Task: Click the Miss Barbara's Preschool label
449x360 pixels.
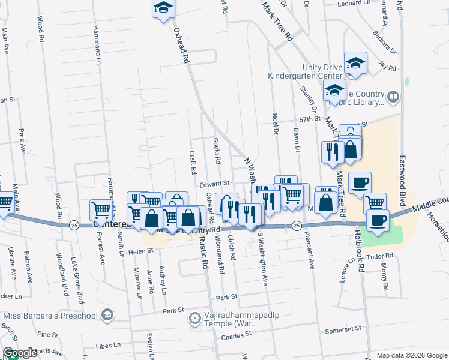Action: pyautogui.click(x=50, y=316)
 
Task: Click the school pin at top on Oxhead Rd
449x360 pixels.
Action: pyautogui.click(x=163, y=8)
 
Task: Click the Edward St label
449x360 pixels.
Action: pyautogui.click(x=215, y=184)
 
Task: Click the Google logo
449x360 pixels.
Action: pyautogui.click(x=20, y=353)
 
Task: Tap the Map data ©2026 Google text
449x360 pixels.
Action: pyautogui.click(x=412, y=355)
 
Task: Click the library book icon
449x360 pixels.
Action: pyautogui.click(x=393, y=97)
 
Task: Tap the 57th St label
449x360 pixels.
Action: pyautogui.click(x=310, y=119)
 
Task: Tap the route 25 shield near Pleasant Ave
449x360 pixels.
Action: pyautogui.click(x=296, y=226)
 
